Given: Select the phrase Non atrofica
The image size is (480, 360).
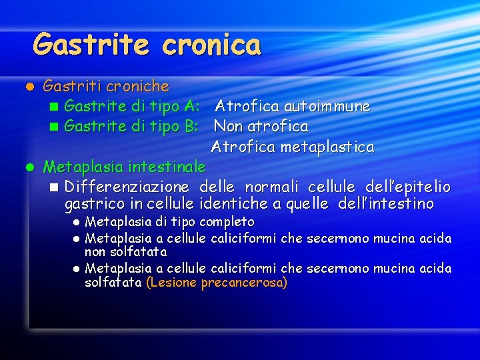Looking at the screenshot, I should (x=261, y=126).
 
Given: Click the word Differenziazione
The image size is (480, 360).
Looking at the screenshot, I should (x=127, y=186).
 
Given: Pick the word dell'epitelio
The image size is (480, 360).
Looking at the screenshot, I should (x=408, y=186).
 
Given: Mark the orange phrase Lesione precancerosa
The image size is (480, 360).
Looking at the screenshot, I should (x=217, y=283).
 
